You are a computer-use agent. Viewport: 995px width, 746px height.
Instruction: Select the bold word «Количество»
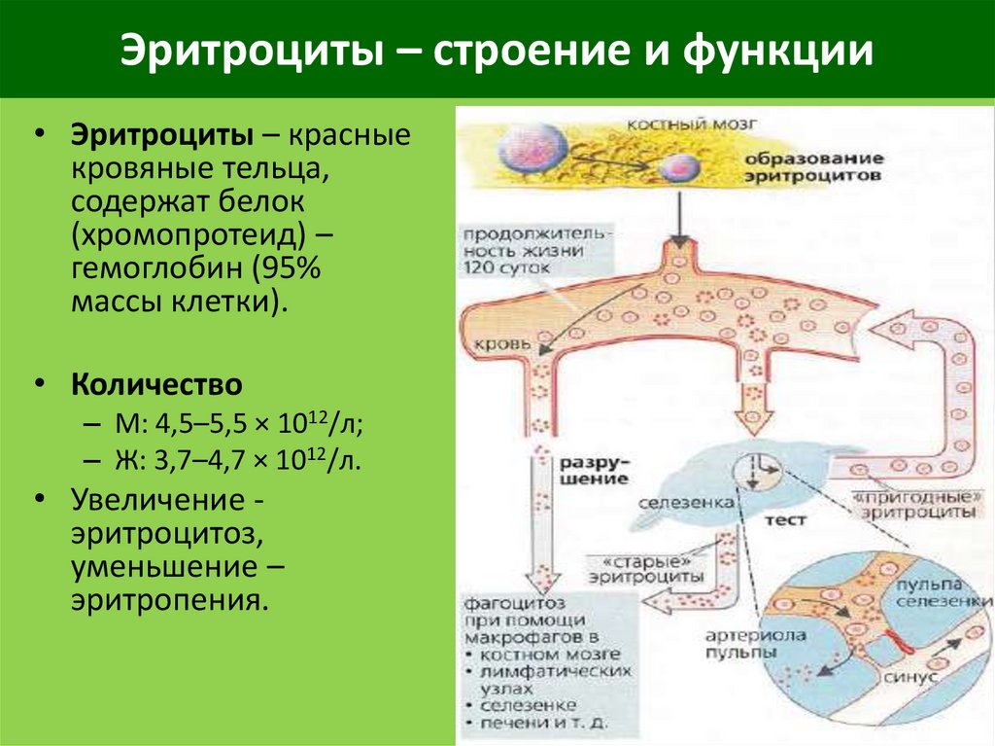click(155, 384)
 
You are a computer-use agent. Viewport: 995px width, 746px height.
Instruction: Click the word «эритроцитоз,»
click(165, 534)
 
